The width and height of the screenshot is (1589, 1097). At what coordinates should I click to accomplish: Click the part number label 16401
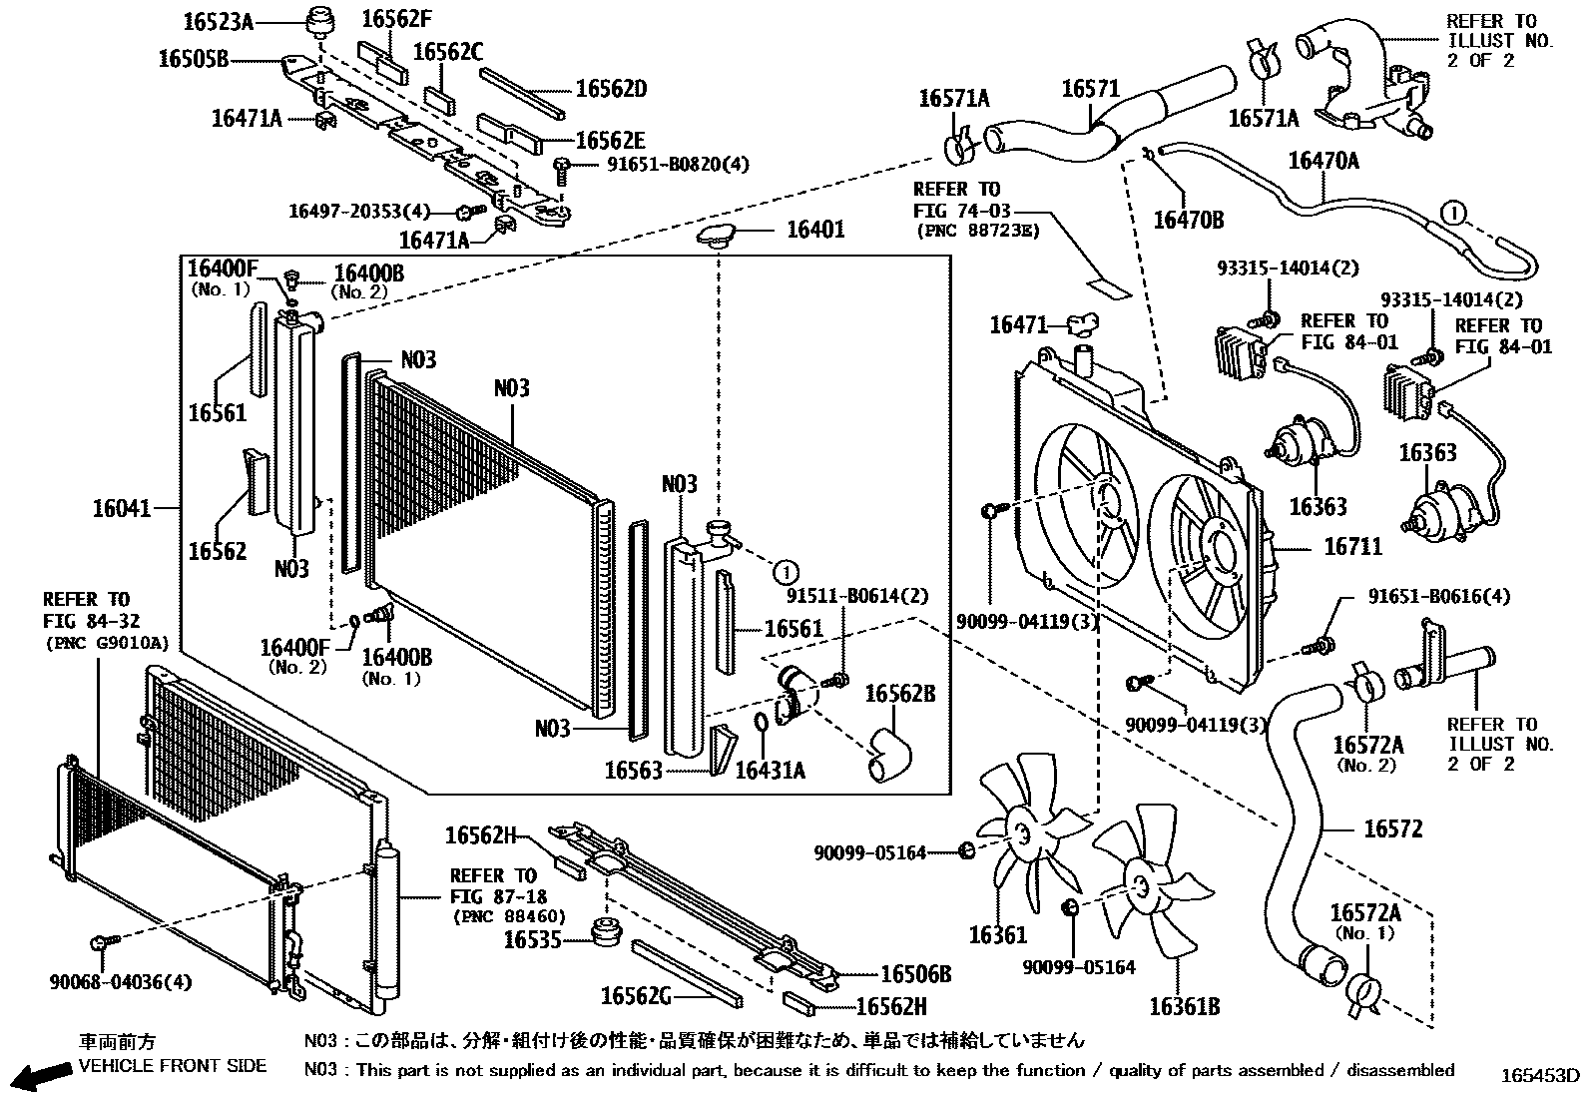point(815,230)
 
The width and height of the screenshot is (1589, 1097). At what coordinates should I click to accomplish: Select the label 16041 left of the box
point(121,508)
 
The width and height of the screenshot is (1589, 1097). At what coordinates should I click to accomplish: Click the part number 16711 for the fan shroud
point(1352,546)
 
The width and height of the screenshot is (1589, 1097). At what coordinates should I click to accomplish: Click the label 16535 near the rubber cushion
point(533,939)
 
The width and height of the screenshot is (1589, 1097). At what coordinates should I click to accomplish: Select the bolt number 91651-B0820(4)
point(677,165)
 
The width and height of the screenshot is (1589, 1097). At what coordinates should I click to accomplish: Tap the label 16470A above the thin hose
point(1324,160)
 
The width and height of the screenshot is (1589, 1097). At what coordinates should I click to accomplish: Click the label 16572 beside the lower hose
point(1392,828)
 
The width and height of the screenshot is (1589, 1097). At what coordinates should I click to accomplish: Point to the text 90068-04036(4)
point(120,982)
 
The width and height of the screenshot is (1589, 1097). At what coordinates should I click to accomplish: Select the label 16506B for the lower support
point(915,974)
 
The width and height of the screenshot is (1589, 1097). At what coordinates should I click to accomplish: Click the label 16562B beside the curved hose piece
point(899,693)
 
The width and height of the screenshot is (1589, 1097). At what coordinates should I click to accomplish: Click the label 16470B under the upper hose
point(1188,220)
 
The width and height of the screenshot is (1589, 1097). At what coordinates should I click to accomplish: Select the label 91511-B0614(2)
point(856,596)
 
